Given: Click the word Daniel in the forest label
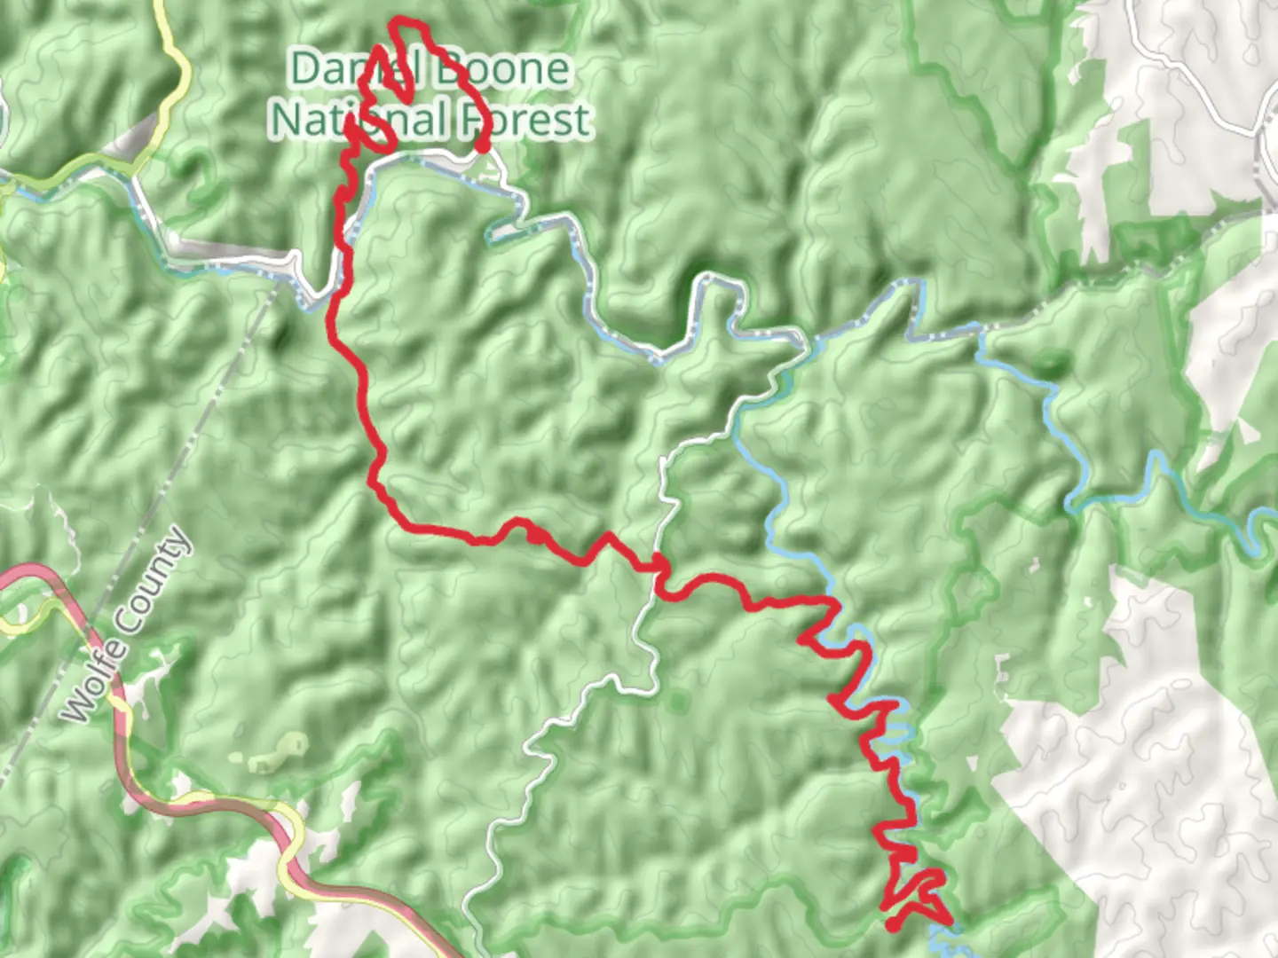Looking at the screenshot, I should coord(342,69).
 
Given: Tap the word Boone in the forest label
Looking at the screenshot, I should coord(504,69).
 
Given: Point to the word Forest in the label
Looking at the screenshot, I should coord(524,119).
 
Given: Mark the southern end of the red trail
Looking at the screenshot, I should coord(891,925).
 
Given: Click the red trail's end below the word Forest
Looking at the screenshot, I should coord(482,145).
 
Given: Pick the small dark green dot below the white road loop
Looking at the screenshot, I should coord(678,703).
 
